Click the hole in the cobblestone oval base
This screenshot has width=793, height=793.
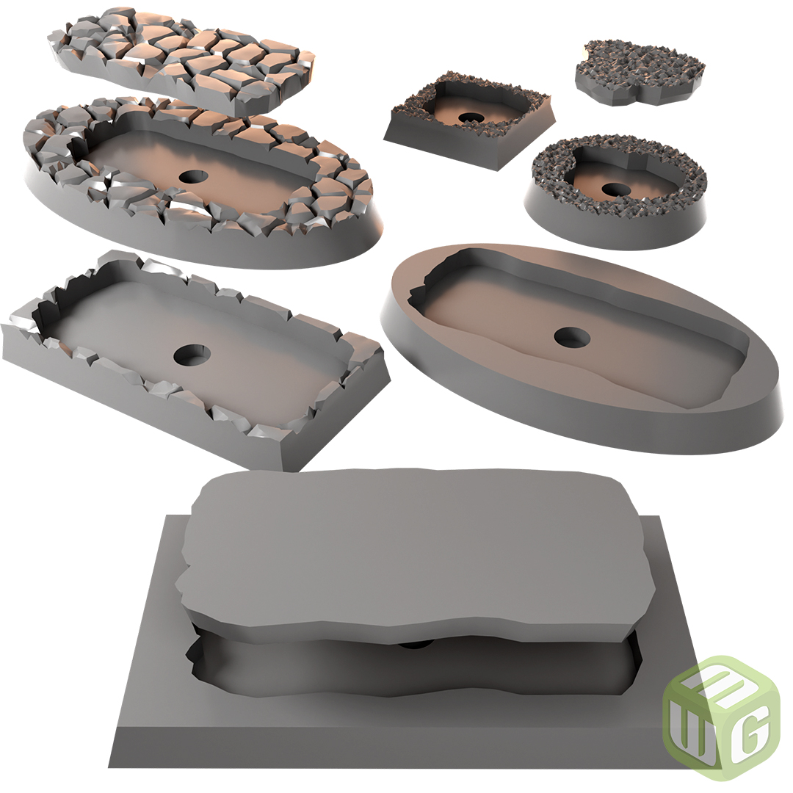pos(193,176)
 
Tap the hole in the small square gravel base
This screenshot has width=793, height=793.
pos(468,117)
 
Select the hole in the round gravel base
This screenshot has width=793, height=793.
pos(615,189)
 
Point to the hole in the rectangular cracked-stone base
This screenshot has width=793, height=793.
pos(192,355)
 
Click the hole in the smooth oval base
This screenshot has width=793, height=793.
pos(571,337)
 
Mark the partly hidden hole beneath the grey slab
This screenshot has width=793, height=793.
pos(416,644)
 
